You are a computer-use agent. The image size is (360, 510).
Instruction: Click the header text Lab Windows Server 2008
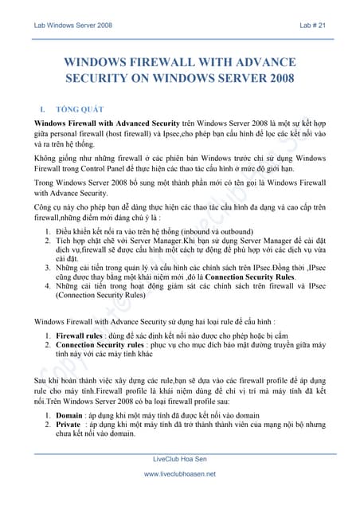72,25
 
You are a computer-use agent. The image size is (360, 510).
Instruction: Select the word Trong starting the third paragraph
46,183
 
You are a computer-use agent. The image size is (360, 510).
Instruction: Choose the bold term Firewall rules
79,336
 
